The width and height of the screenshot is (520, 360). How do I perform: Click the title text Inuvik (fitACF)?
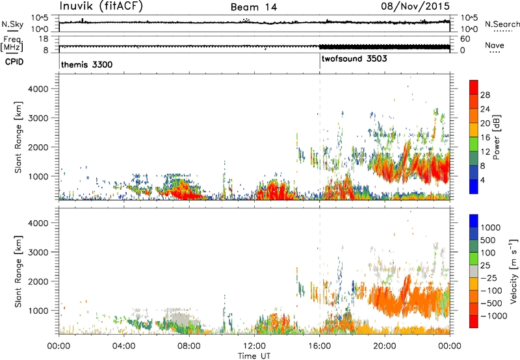coord(101,6)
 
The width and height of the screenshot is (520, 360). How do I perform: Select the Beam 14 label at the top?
coord(253,7)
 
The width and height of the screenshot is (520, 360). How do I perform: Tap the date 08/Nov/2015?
coord(415,6)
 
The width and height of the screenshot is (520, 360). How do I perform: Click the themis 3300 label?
coord(87,64)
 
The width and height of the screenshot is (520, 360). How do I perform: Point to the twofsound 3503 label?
coord(354,58)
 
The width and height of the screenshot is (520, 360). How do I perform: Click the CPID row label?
coord(14,62)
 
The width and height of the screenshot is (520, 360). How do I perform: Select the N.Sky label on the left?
coord(12,24)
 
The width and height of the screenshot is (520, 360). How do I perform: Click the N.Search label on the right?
coord(502,24)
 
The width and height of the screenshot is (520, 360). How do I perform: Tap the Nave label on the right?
coord(495,45)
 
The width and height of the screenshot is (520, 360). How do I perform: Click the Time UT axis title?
coord(254,356)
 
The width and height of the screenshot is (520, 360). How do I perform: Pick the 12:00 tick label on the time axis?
coord(254,346)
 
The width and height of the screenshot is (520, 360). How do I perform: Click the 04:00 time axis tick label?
coord(123,346)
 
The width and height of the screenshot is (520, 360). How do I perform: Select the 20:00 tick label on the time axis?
coord(384,346)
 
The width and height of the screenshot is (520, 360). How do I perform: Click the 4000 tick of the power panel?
coord(38,89)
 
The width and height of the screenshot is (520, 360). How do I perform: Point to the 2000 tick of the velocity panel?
coord(38,281)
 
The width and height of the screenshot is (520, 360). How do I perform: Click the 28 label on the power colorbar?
coord(485,95)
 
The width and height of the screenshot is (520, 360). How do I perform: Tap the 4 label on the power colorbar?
coord(483,181)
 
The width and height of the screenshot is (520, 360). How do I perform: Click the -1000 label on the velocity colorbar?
coord(494,316)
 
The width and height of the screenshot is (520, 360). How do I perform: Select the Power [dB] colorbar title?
coord(497,137)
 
